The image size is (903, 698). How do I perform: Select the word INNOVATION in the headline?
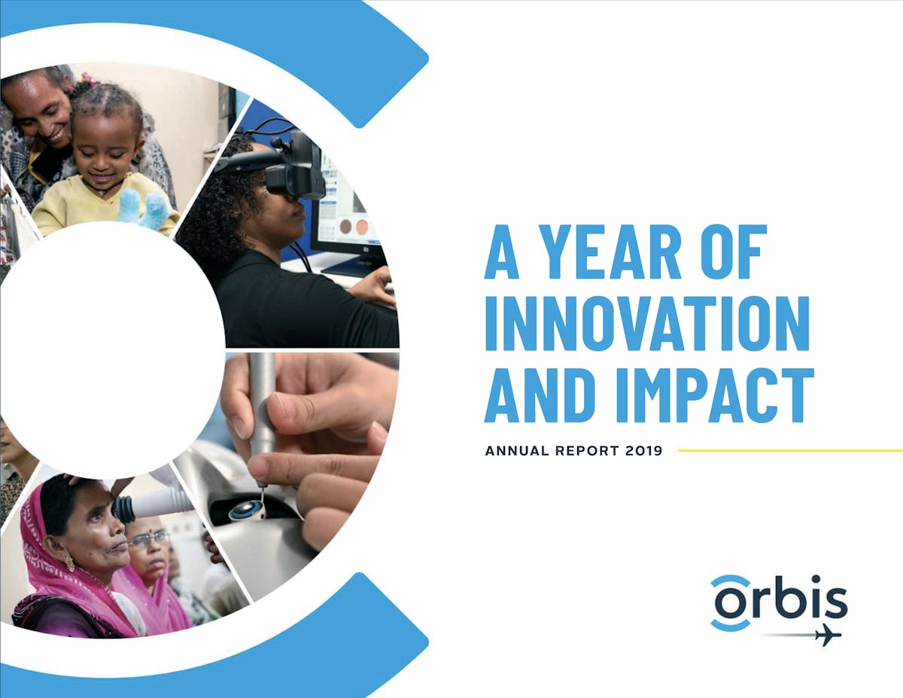(x=647, y=324)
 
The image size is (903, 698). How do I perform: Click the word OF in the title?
(x=734, y=252)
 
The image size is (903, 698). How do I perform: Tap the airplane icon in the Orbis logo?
(x=828, y=635)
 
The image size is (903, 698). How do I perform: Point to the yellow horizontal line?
(x=790, y=450)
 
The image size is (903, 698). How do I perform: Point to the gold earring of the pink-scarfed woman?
(x=69, y=562)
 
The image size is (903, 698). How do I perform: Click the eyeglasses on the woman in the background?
(x=148, y=539)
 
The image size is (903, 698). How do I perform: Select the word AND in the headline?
(x=543, y=395)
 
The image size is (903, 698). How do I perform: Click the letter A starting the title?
(x=502, y=252)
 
